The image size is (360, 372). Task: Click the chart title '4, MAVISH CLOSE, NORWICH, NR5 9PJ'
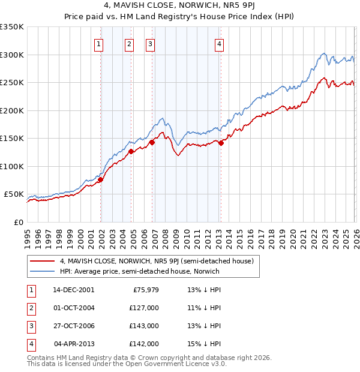point(179,7)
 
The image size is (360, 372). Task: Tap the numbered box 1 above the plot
point(98,43)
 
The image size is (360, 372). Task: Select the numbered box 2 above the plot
point(129,43)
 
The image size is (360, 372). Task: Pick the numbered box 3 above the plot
point(149,43)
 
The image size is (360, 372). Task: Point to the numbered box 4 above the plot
point(220,43)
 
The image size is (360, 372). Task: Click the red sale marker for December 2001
point(100,179)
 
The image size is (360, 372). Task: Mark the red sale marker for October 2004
point(131,151)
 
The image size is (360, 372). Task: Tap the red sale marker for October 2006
point(152,142)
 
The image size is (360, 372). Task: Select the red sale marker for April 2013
point(221,143)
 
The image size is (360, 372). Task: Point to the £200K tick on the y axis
point(12,110)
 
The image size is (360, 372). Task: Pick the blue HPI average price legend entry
point(140,271)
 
